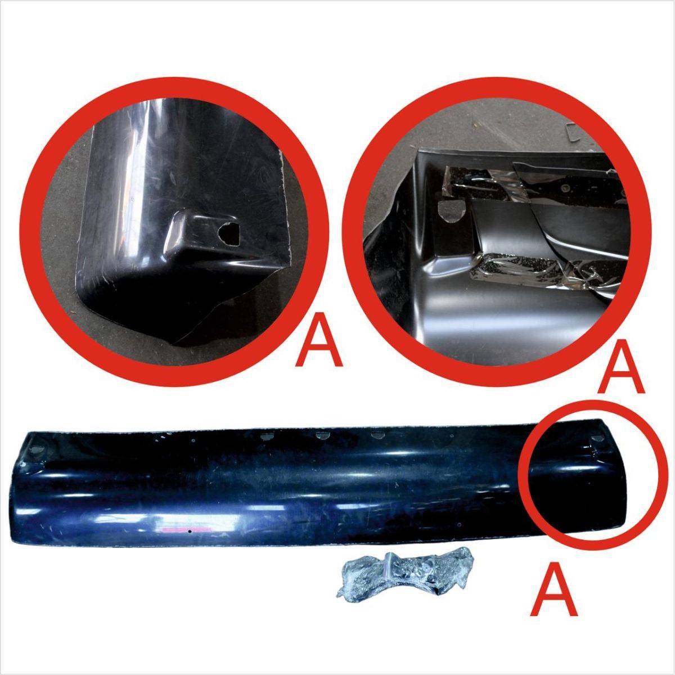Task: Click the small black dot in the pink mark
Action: tap(190, 541)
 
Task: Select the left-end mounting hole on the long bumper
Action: tap(37, 449)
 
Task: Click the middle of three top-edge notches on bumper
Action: tap(321, 435)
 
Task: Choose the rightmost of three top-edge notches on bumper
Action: tap(377, 435)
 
